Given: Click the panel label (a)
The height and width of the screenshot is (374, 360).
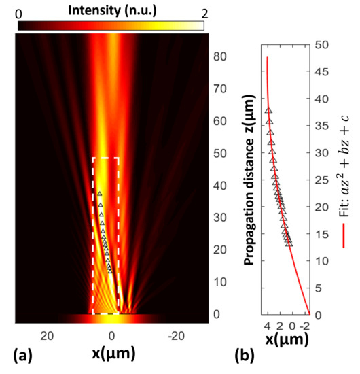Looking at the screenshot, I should tap(14, 354).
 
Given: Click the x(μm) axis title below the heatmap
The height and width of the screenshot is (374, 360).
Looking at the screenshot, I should tap(111, 354).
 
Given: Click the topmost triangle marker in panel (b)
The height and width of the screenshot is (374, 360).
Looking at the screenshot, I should tap(268, 111).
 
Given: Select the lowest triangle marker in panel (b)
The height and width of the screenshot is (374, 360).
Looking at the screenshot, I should tap(290, 242).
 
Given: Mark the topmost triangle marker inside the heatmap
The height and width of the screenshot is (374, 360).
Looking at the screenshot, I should tap(99, 195).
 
